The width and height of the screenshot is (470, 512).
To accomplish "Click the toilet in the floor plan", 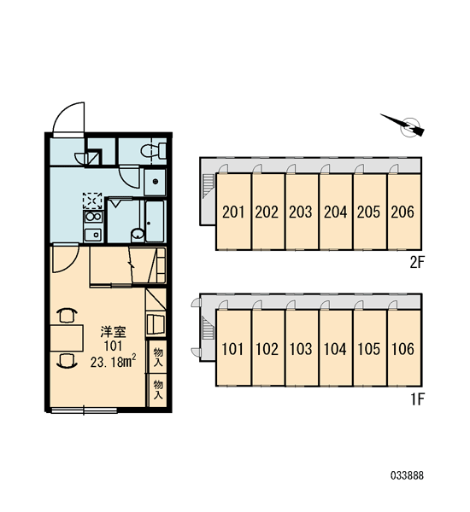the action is [154, 151].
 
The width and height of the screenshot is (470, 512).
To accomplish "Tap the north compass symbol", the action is [406, 125].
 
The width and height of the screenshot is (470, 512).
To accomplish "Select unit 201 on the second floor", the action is [233, 212].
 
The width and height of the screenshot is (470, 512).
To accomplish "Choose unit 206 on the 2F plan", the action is [403, 212].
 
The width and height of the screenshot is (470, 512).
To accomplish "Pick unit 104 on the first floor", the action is [336, 348].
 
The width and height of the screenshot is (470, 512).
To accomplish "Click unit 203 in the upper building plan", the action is [302, 212].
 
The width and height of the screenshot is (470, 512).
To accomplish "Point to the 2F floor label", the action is [417, 262].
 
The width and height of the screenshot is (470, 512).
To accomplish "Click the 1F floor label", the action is [417, 399].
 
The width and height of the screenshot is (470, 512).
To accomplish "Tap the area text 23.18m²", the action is [113, 362].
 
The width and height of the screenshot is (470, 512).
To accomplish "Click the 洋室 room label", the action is [113, 332].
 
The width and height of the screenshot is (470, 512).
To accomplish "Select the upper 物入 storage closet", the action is [158, 357].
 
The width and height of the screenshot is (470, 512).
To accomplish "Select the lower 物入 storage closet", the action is [158, 390].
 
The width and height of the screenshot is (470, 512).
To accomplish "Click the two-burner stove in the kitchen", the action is [93, 217].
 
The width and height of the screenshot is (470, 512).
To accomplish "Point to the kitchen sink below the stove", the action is [93, 234].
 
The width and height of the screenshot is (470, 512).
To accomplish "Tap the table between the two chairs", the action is [67, 338].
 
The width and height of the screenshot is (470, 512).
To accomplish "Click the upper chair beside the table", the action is [67, 316].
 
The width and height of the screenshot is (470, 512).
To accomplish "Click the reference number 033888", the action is [408, 475].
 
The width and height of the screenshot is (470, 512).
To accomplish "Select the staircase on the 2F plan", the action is [208, 186].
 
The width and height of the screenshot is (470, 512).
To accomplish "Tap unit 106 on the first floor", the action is [403, 348].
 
